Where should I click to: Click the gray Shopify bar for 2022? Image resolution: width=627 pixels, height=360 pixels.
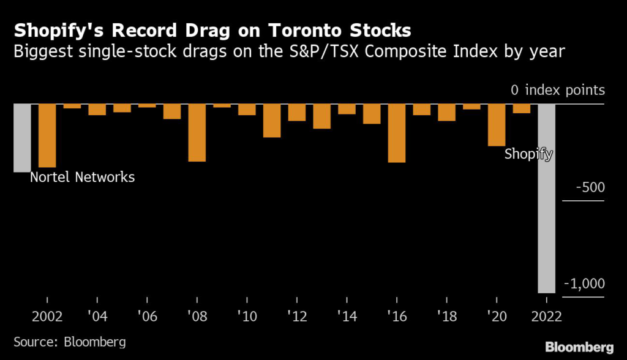[546, 198]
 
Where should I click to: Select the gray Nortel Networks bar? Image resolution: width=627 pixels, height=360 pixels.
[22, 138]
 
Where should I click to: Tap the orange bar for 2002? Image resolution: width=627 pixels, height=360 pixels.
[47, 135]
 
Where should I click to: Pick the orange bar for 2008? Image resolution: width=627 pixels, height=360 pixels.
[197, 133]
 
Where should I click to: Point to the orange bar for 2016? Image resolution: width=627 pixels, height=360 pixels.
[397, 133]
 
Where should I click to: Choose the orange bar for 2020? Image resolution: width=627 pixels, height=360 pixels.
[497, 125]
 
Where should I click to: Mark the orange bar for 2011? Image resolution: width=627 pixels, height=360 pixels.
[272, 121]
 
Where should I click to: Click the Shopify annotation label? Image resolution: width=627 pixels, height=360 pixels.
[528, 154]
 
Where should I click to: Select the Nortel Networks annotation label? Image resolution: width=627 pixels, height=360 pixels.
[82, 178]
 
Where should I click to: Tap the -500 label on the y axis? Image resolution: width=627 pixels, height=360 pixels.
[590, 188]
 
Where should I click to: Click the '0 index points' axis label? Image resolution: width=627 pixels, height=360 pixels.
[557, 91]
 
